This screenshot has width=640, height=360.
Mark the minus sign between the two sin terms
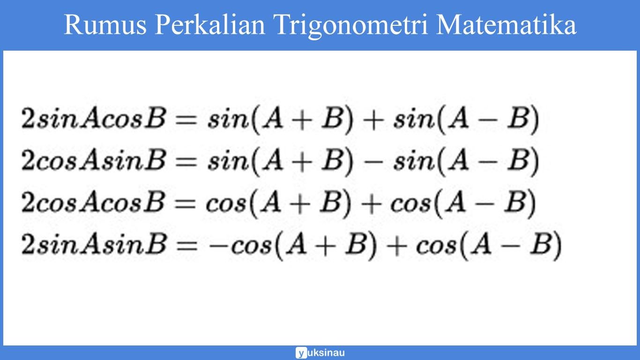pos(373,161)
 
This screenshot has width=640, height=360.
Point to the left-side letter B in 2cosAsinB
pos(156,161)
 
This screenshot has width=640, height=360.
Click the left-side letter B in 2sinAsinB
pos(156,244)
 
